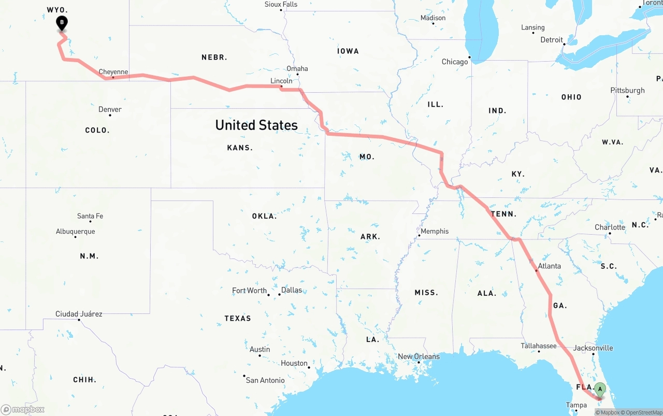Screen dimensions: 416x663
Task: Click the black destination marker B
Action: (62, 23)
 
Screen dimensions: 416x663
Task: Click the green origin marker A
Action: (600, 389)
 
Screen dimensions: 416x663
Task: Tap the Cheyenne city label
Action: (113, 72)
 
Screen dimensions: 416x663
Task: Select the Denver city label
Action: (110, 109)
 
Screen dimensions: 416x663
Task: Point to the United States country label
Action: (256, 125)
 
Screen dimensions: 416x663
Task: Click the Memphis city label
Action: (435, 231)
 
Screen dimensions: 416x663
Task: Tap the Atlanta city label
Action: (549, 266)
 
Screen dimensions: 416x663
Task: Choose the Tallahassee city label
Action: (539, 346)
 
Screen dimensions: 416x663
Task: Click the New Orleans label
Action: (419, 356)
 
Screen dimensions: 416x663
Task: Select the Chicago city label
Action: (454, 62)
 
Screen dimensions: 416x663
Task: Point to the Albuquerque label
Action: (76, 231)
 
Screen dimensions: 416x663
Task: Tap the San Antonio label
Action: (265, 380)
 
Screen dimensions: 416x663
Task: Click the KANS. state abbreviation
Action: (240, 148)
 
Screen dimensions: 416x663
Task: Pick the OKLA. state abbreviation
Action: (264, 216)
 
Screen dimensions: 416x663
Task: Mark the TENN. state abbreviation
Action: (503, 214)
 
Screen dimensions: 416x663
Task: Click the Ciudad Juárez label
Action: (79, 313)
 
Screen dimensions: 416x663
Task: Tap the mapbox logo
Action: (23, 410)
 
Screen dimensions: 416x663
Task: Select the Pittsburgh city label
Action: (628, 90)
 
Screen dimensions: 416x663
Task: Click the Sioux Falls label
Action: (281, 4)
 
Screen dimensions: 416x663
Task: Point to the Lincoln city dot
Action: (281, 87)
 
